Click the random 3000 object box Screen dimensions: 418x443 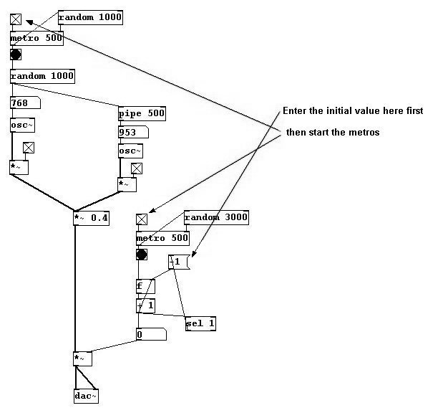pyautogui.click(x=215, y=218)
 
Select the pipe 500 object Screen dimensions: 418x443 pyautogui.click(x=142, y=113)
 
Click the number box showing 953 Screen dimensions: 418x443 pyautogui.click(x=132, y=133)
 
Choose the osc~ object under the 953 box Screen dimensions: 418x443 pyautogui.click(x=130, y=151)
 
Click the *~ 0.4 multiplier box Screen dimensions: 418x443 pyautogui.click(x=91, y=218)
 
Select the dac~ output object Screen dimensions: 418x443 pyautogui.click(x=86, y=396)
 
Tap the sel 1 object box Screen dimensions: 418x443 pyautogui.click(x=200, y=323)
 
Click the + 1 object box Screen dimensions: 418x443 pyautogui.click(x=145, y=305)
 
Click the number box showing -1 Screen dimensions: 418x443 pyautogui.click(x=177, y=262)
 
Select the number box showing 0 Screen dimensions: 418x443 pyautogui.click(x=150, y=334)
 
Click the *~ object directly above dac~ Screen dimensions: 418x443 pyautogui.click(x=83, y=358)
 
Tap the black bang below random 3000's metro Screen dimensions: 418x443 pyautogui.click(x=142, y=255)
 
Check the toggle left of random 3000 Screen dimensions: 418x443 pyautogui.click(x=142, y=219)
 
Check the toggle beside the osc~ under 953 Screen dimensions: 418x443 pyautogui.click(x=136, y=168)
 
